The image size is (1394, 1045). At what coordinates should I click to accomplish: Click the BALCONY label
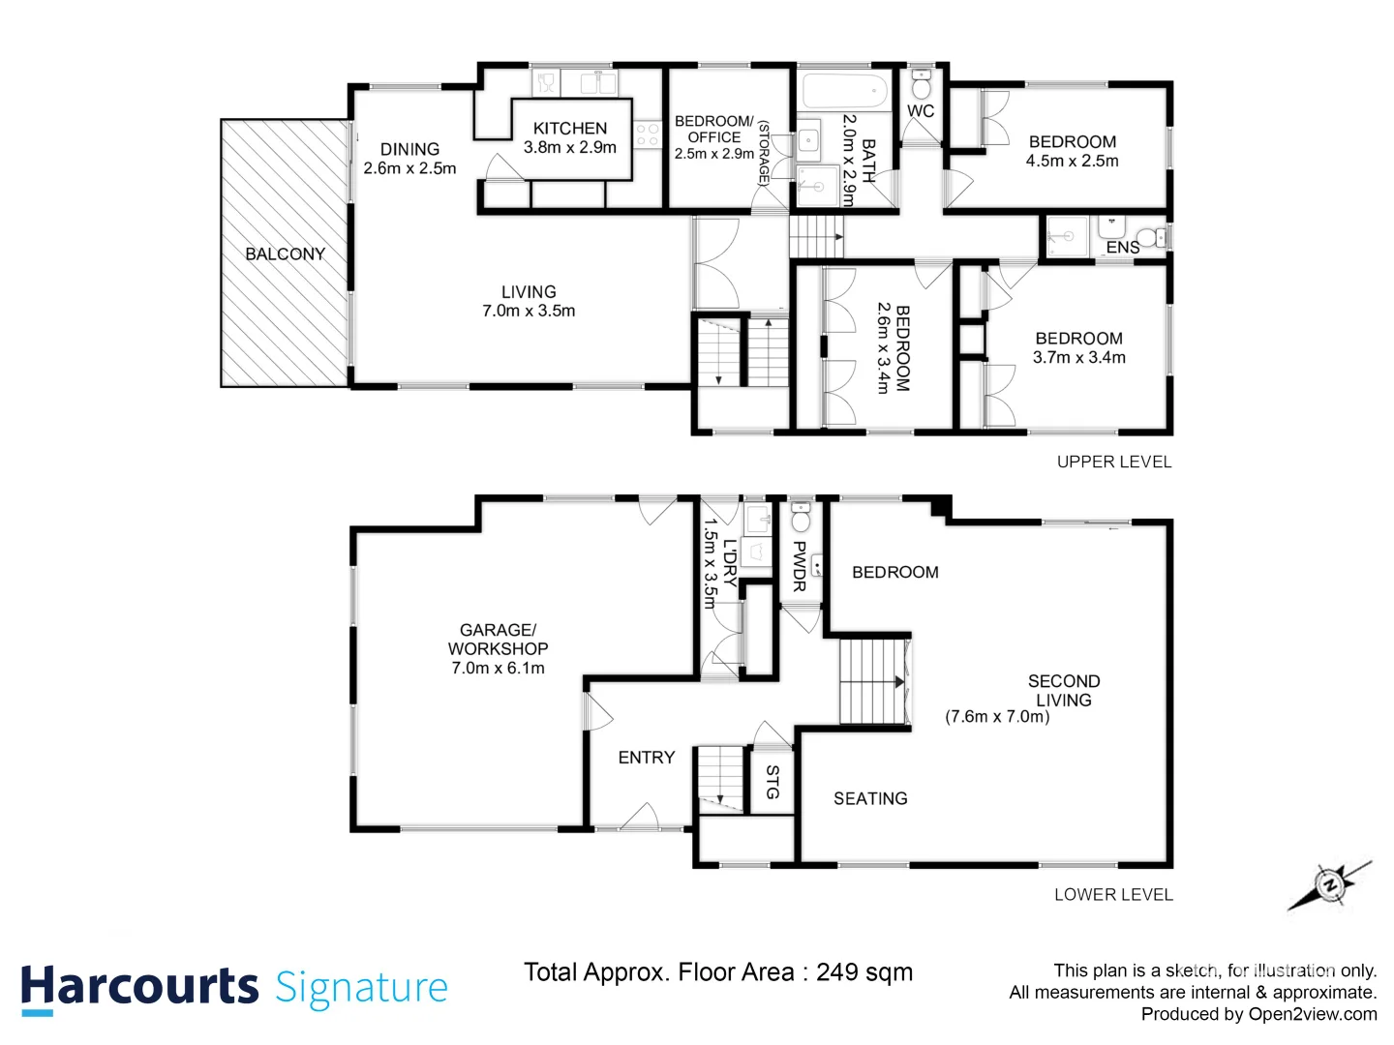point(285,254)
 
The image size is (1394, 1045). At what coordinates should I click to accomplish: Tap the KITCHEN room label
point(569,128)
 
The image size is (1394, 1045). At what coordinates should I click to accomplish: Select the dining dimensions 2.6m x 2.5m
point(409,168)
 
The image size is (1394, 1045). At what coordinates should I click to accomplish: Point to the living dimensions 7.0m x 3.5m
point(529,311)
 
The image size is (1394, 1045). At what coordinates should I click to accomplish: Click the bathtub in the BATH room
point(845,92)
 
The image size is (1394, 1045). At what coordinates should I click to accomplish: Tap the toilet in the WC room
point(921,85)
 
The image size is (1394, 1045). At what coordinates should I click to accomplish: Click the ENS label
point(1122,248)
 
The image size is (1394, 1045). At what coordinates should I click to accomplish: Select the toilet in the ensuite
point(1150,236)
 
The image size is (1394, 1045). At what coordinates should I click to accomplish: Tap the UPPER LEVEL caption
point(1113,463)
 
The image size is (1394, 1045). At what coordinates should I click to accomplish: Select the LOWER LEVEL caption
point(1113,895)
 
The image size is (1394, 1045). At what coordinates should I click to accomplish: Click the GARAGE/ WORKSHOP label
point(498,640)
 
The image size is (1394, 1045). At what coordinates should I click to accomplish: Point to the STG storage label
point(772,782)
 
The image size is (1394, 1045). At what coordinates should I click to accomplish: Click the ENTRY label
point(646,758)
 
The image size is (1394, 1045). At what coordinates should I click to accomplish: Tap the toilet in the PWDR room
point(801,520)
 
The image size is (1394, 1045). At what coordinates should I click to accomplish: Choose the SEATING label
point(870,798)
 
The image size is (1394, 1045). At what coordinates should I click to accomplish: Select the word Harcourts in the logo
point(139,987)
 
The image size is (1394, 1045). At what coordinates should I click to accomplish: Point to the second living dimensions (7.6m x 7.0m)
point(997,717)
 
